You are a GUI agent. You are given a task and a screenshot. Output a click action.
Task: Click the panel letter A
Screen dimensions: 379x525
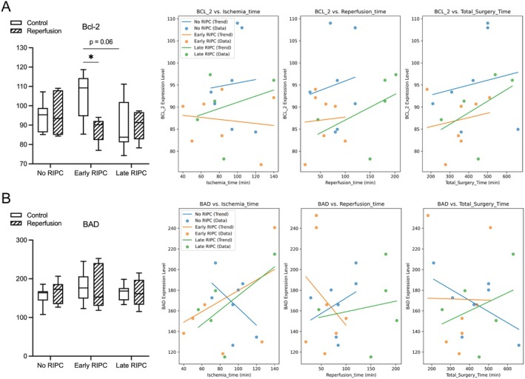click(7, 9)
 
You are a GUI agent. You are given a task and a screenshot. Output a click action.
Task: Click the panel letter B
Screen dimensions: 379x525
click(7, 200)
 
